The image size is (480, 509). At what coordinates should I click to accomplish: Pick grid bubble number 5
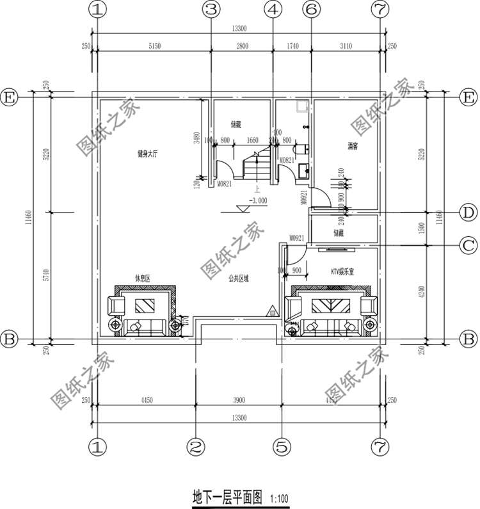point(281,444)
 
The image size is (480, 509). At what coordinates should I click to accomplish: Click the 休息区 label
point(141,277)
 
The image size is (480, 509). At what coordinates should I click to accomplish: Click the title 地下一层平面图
point(227,496)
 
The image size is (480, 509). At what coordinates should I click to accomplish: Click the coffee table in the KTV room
point(331,305)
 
